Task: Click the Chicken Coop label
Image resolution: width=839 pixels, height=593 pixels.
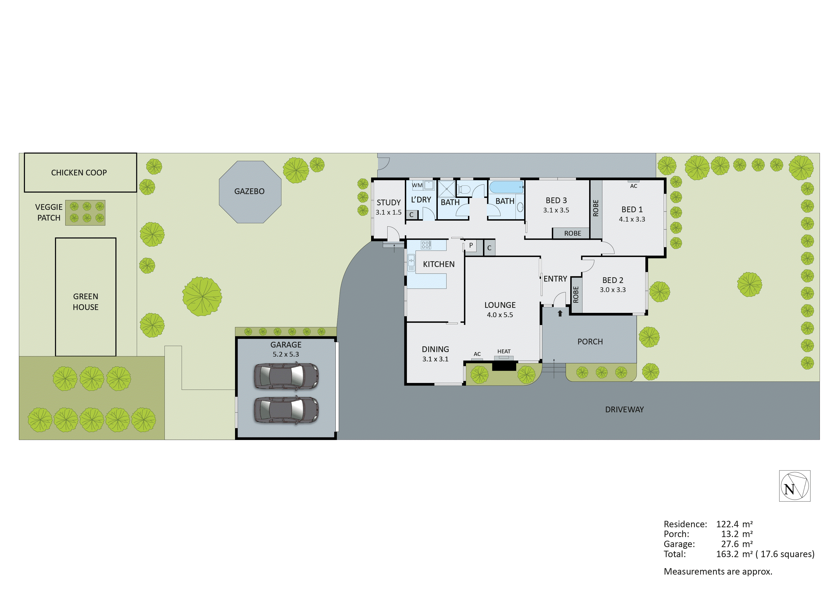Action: (79, 173)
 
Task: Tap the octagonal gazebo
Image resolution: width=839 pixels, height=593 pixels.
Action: (250, 192)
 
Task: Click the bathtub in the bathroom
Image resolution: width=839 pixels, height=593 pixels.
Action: (506, 187)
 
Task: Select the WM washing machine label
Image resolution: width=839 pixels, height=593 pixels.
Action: (417, 185)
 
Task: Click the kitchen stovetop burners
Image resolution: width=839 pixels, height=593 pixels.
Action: (426, 245)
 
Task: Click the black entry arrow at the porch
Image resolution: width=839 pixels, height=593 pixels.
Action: (560, 313)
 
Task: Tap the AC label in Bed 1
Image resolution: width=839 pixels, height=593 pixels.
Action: (634, 186)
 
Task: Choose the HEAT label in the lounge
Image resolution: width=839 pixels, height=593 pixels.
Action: (504, 352)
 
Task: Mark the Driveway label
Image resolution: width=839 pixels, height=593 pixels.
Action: (625, 410)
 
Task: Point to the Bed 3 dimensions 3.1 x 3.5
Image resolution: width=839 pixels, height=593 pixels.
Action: (556, 210)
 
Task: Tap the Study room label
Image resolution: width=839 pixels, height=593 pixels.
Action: (389, 202)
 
